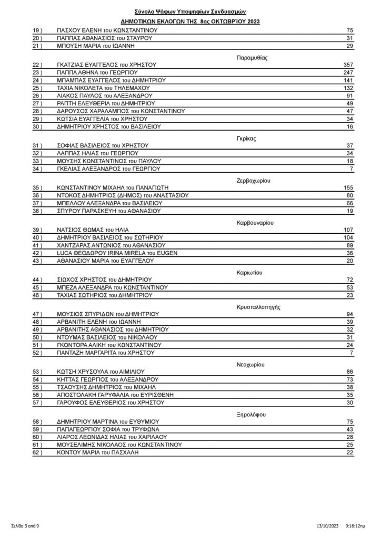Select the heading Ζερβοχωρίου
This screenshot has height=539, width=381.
249,180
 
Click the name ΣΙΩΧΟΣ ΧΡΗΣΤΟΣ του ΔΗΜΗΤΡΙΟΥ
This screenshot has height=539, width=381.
104,279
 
